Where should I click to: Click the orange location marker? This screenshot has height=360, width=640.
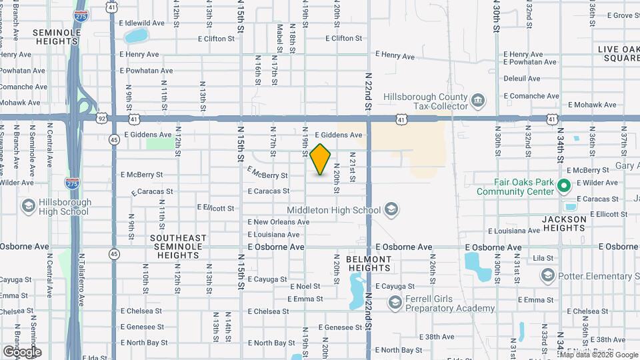[321, 159]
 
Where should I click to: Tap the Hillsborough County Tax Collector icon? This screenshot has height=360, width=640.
[478, 101]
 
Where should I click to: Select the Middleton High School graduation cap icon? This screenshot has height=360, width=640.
[391, 210]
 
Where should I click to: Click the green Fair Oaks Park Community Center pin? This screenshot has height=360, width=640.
[564, 186]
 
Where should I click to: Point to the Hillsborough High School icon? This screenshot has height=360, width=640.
[29, 206]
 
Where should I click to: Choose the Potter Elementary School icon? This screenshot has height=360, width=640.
[548, 275]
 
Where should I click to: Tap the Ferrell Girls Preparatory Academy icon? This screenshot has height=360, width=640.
[395, 303]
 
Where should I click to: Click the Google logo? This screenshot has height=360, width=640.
[22, 351]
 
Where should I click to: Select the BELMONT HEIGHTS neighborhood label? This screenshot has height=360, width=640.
[369, 263]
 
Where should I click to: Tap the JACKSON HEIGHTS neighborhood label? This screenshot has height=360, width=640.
[563, 223]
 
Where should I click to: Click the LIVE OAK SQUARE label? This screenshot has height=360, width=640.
[618, 53]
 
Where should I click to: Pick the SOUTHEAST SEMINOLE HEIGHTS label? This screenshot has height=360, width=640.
[176, 242]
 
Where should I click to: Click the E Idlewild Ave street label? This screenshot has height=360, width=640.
[143, 23]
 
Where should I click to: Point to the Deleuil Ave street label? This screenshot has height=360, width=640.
[522, 78]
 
